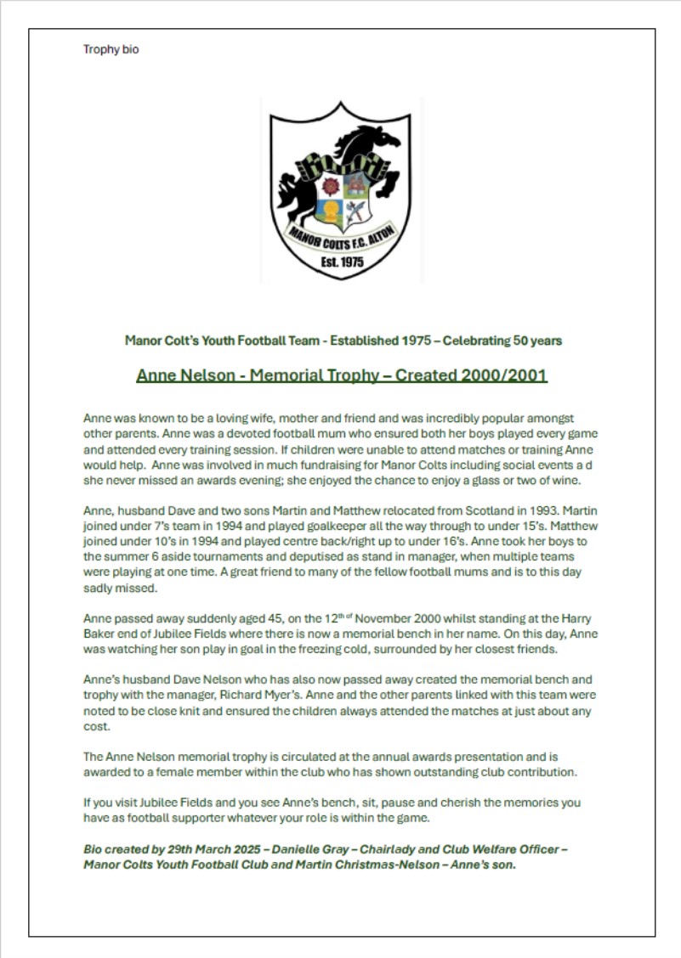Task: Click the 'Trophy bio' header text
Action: click(111, 49)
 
